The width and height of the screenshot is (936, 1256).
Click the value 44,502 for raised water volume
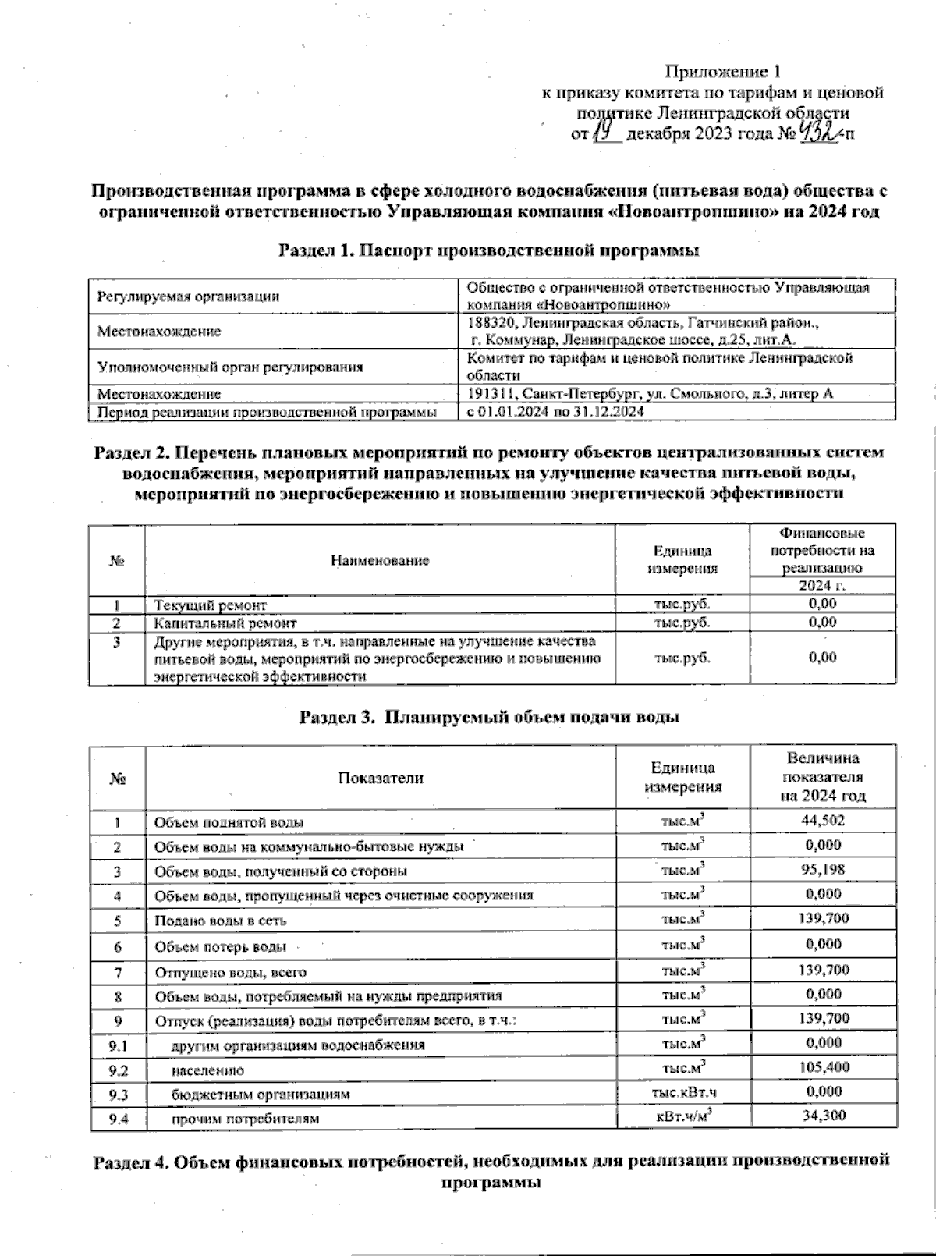822,820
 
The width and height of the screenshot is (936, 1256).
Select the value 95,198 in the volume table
822,869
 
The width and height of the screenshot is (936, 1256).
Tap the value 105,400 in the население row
823,1067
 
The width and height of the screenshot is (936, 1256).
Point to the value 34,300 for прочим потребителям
823,1116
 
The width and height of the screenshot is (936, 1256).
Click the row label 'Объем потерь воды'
220,947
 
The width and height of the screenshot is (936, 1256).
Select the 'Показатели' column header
380,778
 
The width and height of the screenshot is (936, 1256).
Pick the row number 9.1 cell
118,1044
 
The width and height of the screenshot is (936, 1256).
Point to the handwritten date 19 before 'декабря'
605,132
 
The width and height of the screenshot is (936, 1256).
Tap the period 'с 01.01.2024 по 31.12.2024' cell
555,411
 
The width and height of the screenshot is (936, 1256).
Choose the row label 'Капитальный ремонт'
225,623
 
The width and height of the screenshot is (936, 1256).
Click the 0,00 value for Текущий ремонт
822,604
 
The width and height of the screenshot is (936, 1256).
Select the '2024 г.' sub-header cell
822,586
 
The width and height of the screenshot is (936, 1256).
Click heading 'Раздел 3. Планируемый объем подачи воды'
489,717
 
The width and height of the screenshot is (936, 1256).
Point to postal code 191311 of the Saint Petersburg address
491,394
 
